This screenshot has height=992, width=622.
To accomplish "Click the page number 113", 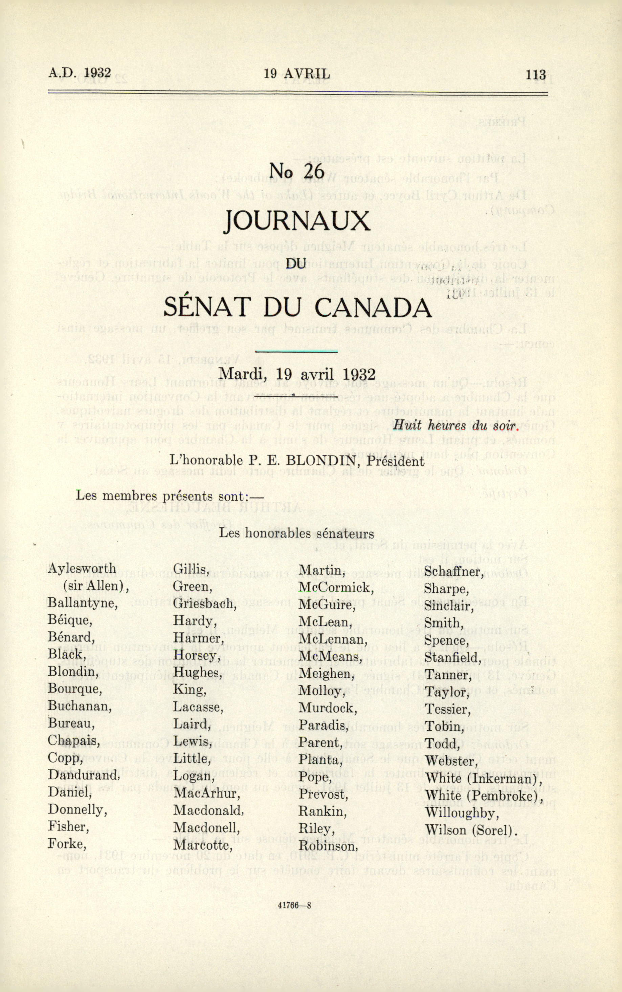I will pyautogui.click(x=536, y=75).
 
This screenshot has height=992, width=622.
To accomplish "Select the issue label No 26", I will pyautogui.click(x=296, y=170).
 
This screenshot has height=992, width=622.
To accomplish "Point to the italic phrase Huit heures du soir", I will pyautogui.click(x=454, y=426).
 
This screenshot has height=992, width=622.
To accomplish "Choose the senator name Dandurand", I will pyautogui.click(x=84, y=775).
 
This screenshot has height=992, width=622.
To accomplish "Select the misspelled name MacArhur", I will pyautogui.click(x=206, y=793).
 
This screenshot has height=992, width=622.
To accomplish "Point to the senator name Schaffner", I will pyautogui.click(x=452, y=572).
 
